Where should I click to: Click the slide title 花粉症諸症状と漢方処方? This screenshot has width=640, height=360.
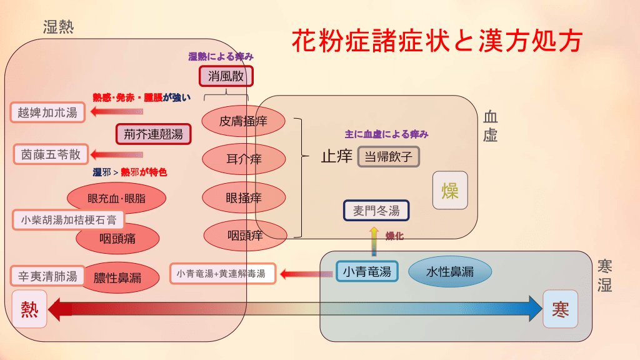(x=437, y=41)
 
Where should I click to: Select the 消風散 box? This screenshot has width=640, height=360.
(x=226, y=76)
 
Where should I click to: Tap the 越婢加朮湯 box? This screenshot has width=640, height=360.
(x=47, y=112)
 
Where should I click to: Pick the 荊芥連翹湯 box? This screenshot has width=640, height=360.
(x=153, y=134)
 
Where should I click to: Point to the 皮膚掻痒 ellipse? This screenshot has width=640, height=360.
(x=243, y=121)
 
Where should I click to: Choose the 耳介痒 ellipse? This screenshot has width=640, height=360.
(x=243, y=159)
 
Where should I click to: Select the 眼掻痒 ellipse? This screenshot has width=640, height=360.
(x=243, y=198)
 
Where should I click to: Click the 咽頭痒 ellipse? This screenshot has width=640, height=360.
(x=244, y=236)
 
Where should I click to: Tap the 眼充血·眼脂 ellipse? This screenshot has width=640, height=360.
(x=116, y=199)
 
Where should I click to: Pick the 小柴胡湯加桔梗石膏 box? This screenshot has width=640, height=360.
(x=68, y=220)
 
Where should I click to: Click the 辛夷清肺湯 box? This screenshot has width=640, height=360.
(x=47, y=276)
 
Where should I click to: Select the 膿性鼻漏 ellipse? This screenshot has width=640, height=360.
(x=117, y=277)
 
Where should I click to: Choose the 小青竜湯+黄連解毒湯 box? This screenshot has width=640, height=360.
(x=222, y=273)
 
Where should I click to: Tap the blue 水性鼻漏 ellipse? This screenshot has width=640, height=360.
(x=450, y=271)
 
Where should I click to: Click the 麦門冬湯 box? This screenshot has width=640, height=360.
(x=376, y=211)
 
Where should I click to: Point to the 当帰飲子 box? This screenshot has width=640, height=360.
(x=388, y=156)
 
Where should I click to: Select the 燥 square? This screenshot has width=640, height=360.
(x=450, y=190)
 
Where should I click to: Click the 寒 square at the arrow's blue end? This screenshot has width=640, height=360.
(x=560, y=309)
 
